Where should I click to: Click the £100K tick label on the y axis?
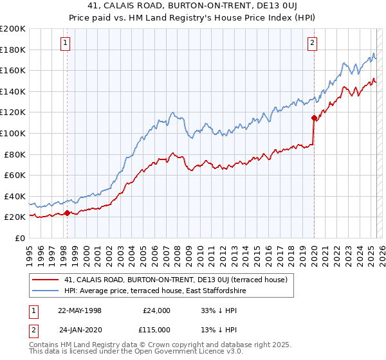tap(13, 133)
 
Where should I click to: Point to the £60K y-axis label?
tap(15, 175)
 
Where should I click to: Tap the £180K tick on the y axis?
tap(13, 50)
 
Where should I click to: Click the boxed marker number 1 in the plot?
tap(66, 44)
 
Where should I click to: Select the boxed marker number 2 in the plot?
tap(312, 44)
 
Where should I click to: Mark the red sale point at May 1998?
tap(67, 213)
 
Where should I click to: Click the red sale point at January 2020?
tap(314, 118)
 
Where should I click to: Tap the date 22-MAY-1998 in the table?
tap(80, 310)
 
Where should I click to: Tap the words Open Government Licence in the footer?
tap(183, 353)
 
